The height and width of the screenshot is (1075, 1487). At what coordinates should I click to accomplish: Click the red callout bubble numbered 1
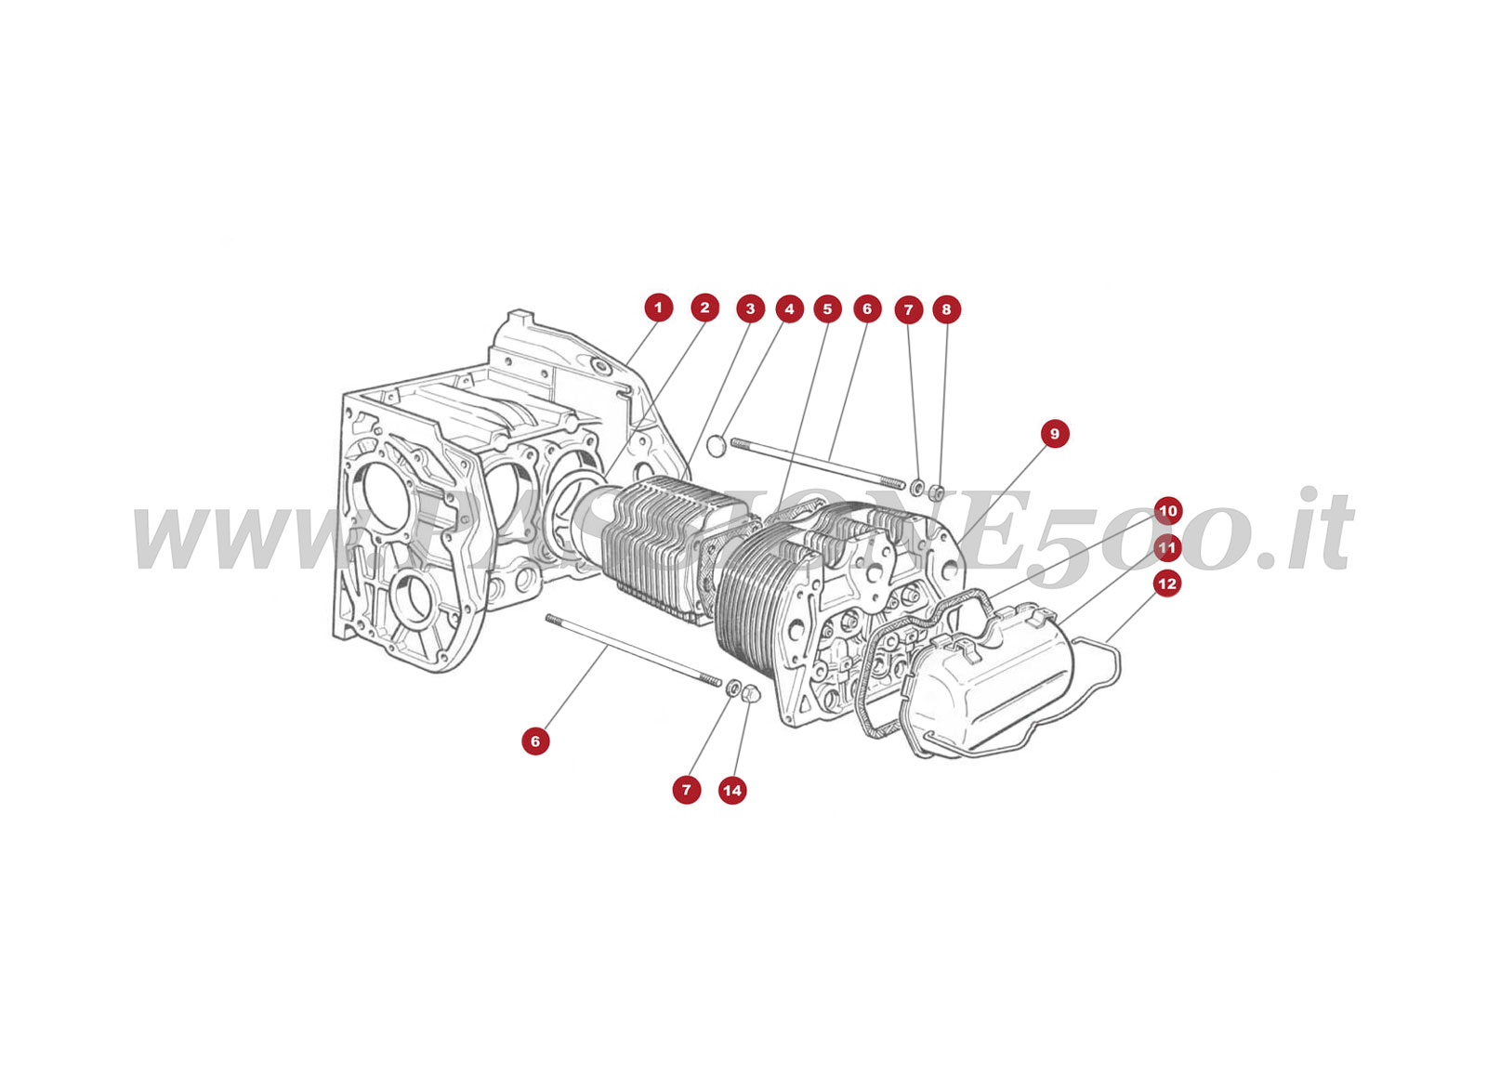(x=658, y=308)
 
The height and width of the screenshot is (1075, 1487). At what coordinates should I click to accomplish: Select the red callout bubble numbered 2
(x=704, y=308)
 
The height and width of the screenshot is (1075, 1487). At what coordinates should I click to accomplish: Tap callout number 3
(x=750, y=308)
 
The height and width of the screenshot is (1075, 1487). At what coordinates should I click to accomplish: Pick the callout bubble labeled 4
(x=789, y=308)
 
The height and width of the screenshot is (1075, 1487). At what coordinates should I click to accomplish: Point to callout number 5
(x=827, y=308)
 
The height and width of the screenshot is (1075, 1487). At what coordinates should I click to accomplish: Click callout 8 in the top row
(x=946, y=309)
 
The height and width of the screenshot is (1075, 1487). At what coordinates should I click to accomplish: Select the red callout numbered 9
(x=1054, y=434)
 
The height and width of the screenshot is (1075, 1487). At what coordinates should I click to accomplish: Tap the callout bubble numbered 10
(x=1167, y=511)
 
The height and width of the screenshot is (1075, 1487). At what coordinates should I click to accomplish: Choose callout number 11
(x=1167, y=548)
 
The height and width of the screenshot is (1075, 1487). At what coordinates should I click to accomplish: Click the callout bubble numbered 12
(x=1166, y=584)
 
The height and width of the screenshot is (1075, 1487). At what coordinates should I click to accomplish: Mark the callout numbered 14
(x=732, y=791)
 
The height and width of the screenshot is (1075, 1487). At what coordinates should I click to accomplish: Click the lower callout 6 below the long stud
(x=535, y=741)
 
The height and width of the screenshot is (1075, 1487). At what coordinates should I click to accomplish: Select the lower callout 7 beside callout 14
(x=687, y=791)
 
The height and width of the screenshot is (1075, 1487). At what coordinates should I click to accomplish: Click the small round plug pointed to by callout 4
(x=717, y=446)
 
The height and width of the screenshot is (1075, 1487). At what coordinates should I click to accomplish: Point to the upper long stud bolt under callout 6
(x=818, y=464)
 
